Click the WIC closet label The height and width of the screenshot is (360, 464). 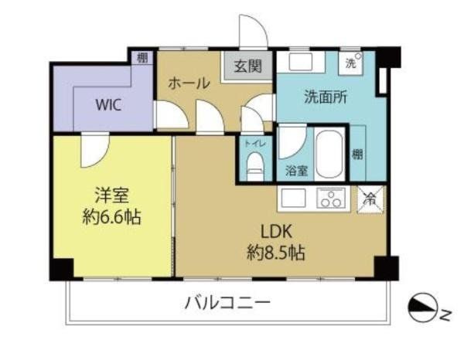(x=108, y=104)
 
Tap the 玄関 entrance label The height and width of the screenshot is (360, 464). (x=248, y=66)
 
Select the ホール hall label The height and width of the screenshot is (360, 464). (x=189, y=83)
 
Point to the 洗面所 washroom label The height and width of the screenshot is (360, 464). (x=326, y=97)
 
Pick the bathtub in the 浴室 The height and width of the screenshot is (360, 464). (x=329, y=154)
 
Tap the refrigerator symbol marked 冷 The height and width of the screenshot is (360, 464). (x=370, y=199)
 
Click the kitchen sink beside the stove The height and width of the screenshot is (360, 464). (x=293, y=198)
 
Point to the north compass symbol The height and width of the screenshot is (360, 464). (x=423, y=308)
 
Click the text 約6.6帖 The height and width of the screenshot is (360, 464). (x=111, y=217)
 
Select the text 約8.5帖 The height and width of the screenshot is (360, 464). (x=276, y=253)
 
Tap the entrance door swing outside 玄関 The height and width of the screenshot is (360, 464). (x=254, y=30)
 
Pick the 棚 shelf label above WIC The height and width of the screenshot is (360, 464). (x=142, y=58)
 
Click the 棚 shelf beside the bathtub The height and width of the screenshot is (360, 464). (x=357, y=153)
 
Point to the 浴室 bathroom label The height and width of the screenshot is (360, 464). (x=296, y=171)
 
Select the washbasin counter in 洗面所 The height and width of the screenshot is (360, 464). (x=301, y=62)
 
